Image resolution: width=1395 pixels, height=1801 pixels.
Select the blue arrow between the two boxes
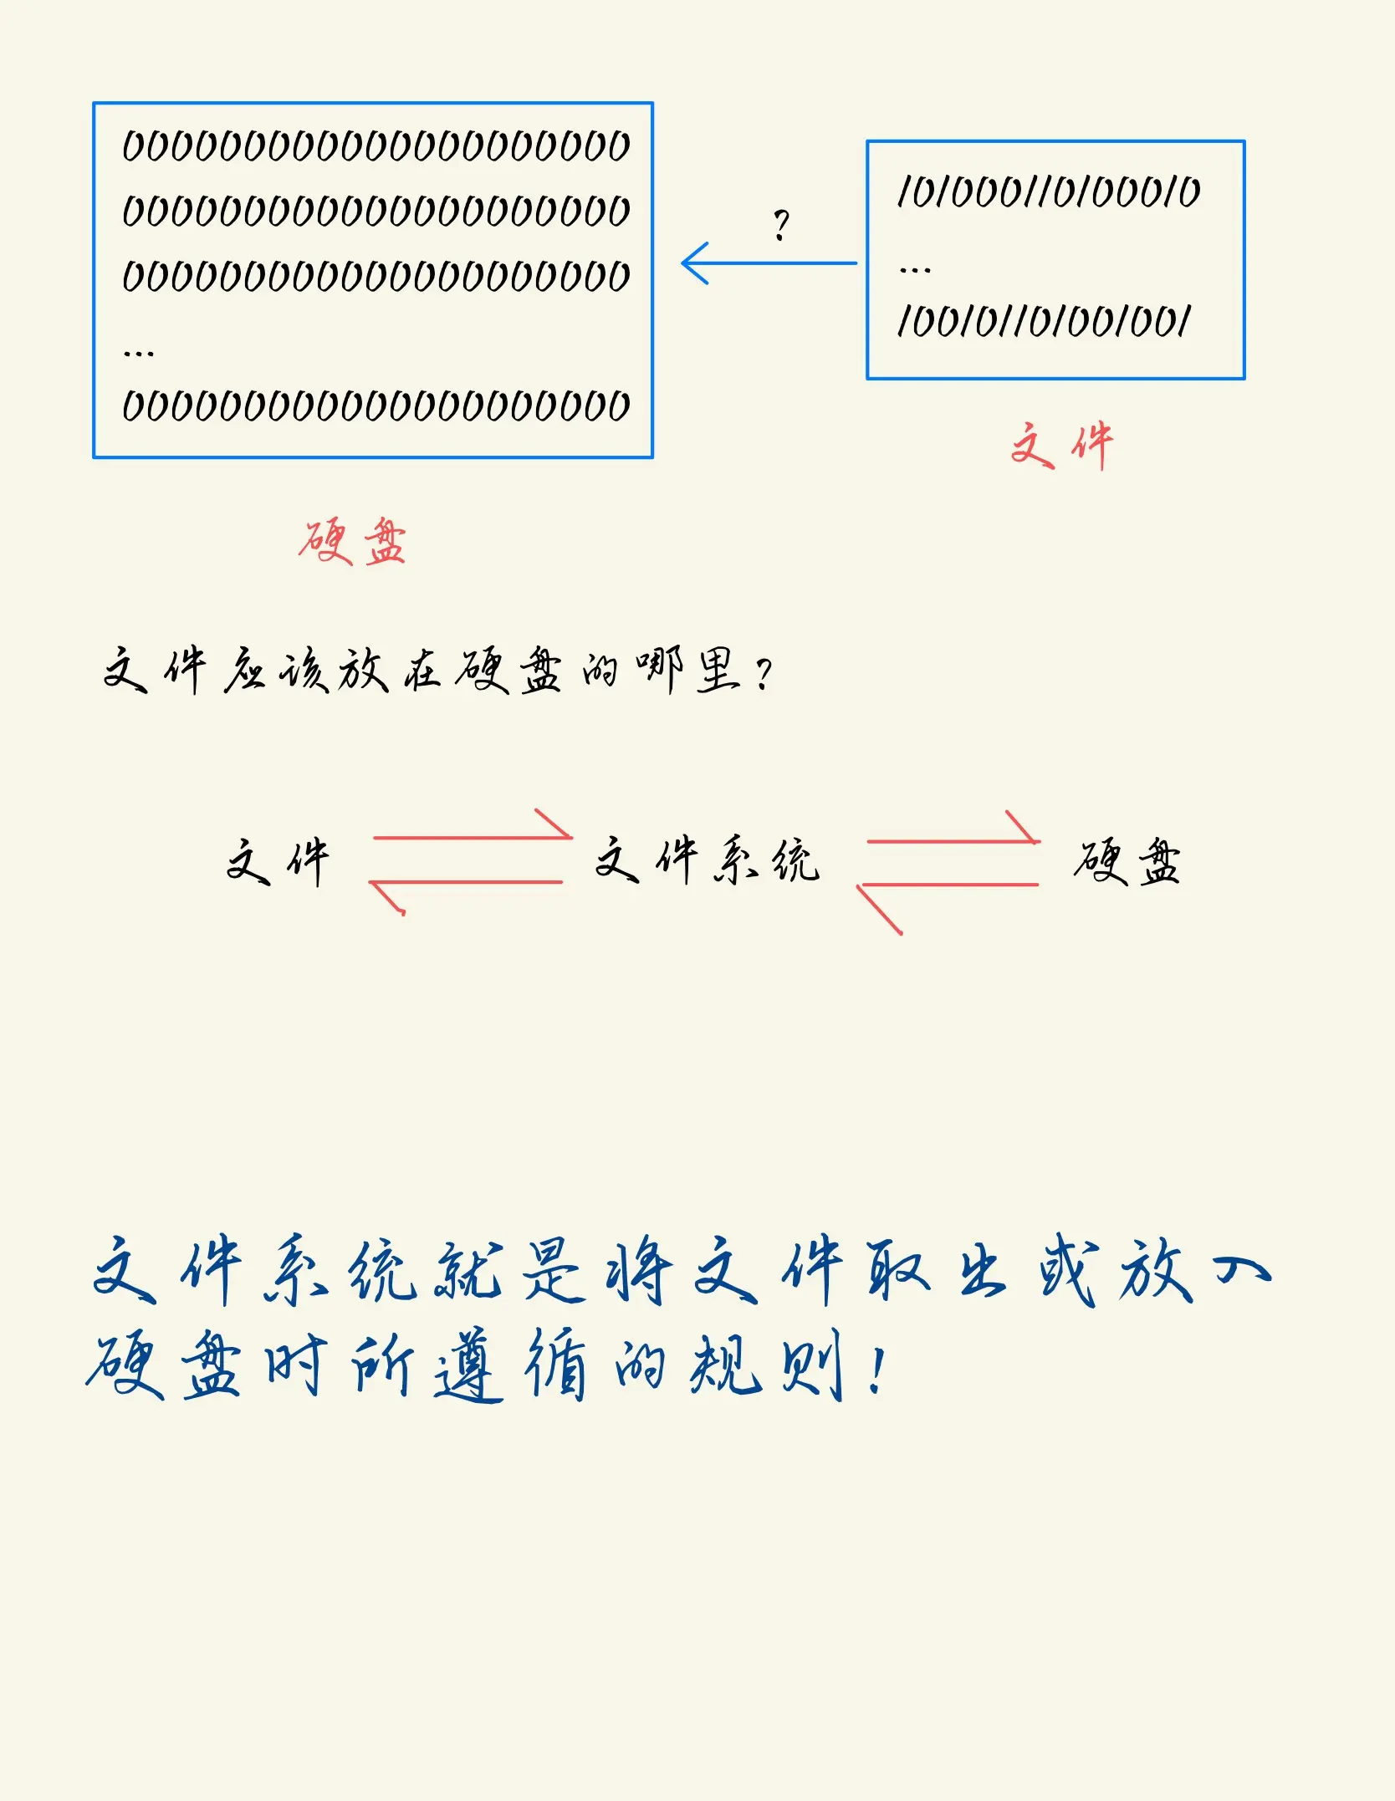769,263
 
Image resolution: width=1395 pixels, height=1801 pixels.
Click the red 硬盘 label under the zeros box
352,542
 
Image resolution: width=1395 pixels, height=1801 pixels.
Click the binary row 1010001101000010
1048,192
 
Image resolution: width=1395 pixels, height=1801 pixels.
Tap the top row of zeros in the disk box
376,146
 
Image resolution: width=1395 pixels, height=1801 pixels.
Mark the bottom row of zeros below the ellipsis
376,406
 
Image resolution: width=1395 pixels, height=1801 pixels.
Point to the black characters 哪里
687,671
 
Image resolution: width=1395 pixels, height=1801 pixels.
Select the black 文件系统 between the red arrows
708,860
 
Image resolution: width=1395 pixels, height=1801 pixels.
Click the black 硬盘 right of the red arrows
1127,861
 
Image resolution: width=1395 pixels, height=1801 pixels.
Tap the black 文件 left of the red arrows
278,862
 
